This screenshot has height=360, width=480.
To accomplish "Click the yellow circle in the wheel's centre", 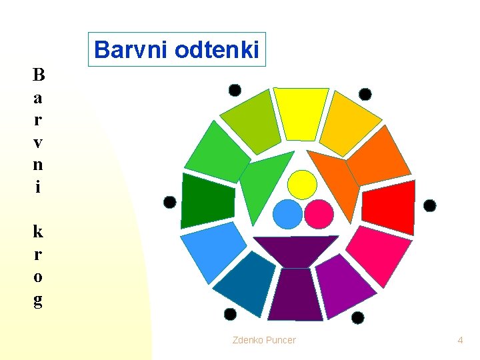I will pyautogui.click(x=302, y=185).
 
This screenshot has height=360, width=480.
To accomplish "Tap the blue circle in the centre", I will pyautogui.click(x=287, y=214).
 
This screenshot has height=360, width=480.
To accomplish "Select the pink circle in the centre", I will pyautogui.click(x=318, y=214).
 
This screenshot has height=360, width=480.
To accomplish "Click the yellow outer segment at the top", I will pyautogui.click(x=301, y=113).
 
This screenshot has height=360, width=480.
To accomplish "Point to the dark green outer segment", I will pyautogui.click(x=207, y=201).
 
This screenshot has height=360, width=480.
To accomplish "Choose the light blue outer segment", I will pyautogui.click(x=213, y=249).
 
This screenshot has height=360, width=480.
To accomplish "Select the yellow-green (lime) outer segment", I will pyautogui.click(x=251, y=121).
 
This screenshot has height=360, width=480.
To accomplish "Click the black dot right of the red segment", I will pyautogui.click(x=430, y=205).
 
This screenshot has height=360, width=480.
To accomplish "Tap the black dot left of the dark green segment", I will pyautogui.click(x=170, y=202).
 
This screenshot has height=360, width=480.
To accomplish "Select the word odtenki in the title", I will pyautogui.click(x=220, y=50).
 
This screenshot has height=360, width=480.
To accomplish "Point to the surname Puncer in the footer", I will pyautogui.click(x=281, y=340).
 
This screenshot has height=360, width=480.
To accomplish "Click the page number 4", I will pyautogui.click(x=460, y=340).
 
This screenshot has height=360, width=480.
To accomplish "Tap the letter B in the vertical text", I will pyautogui.click(x=38, y=75).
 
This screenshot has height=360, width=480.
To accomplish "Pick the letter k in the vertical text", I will pyautogui.click(x=38, y=231).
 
